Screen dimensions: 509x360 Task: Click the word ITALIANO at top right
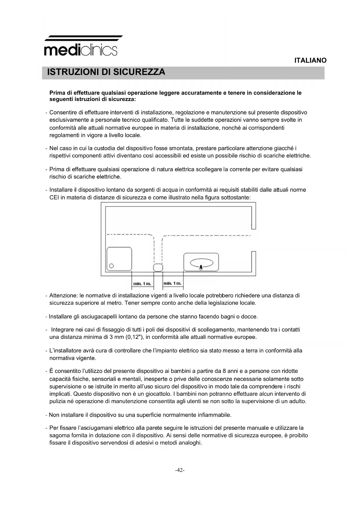(310, 60)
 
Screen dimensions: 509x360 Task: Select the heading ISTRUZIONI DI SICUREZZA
(106, 72)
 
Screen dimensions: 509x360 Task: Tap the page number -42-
(180, 470)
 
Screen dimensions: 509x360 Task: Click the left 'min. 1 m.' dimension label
(142, 284)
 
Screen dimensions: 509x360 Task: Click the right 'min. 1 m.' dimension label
(173, 283)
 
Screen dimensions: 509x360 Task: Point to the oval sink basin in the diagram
(202, 263)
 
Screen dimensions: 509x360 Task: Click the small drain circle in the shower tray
(111, 266)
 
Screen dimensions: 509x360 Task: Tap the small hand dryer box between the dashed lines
(158, 268)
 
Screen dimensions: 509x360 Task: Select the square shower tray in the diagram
(119, 259)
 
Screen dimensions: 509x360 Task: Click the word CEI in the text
(54, 198)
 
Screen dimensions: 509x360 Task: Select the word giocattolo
(156, 394)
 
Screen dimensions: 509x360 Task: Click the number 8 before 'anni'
(224, 371)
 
